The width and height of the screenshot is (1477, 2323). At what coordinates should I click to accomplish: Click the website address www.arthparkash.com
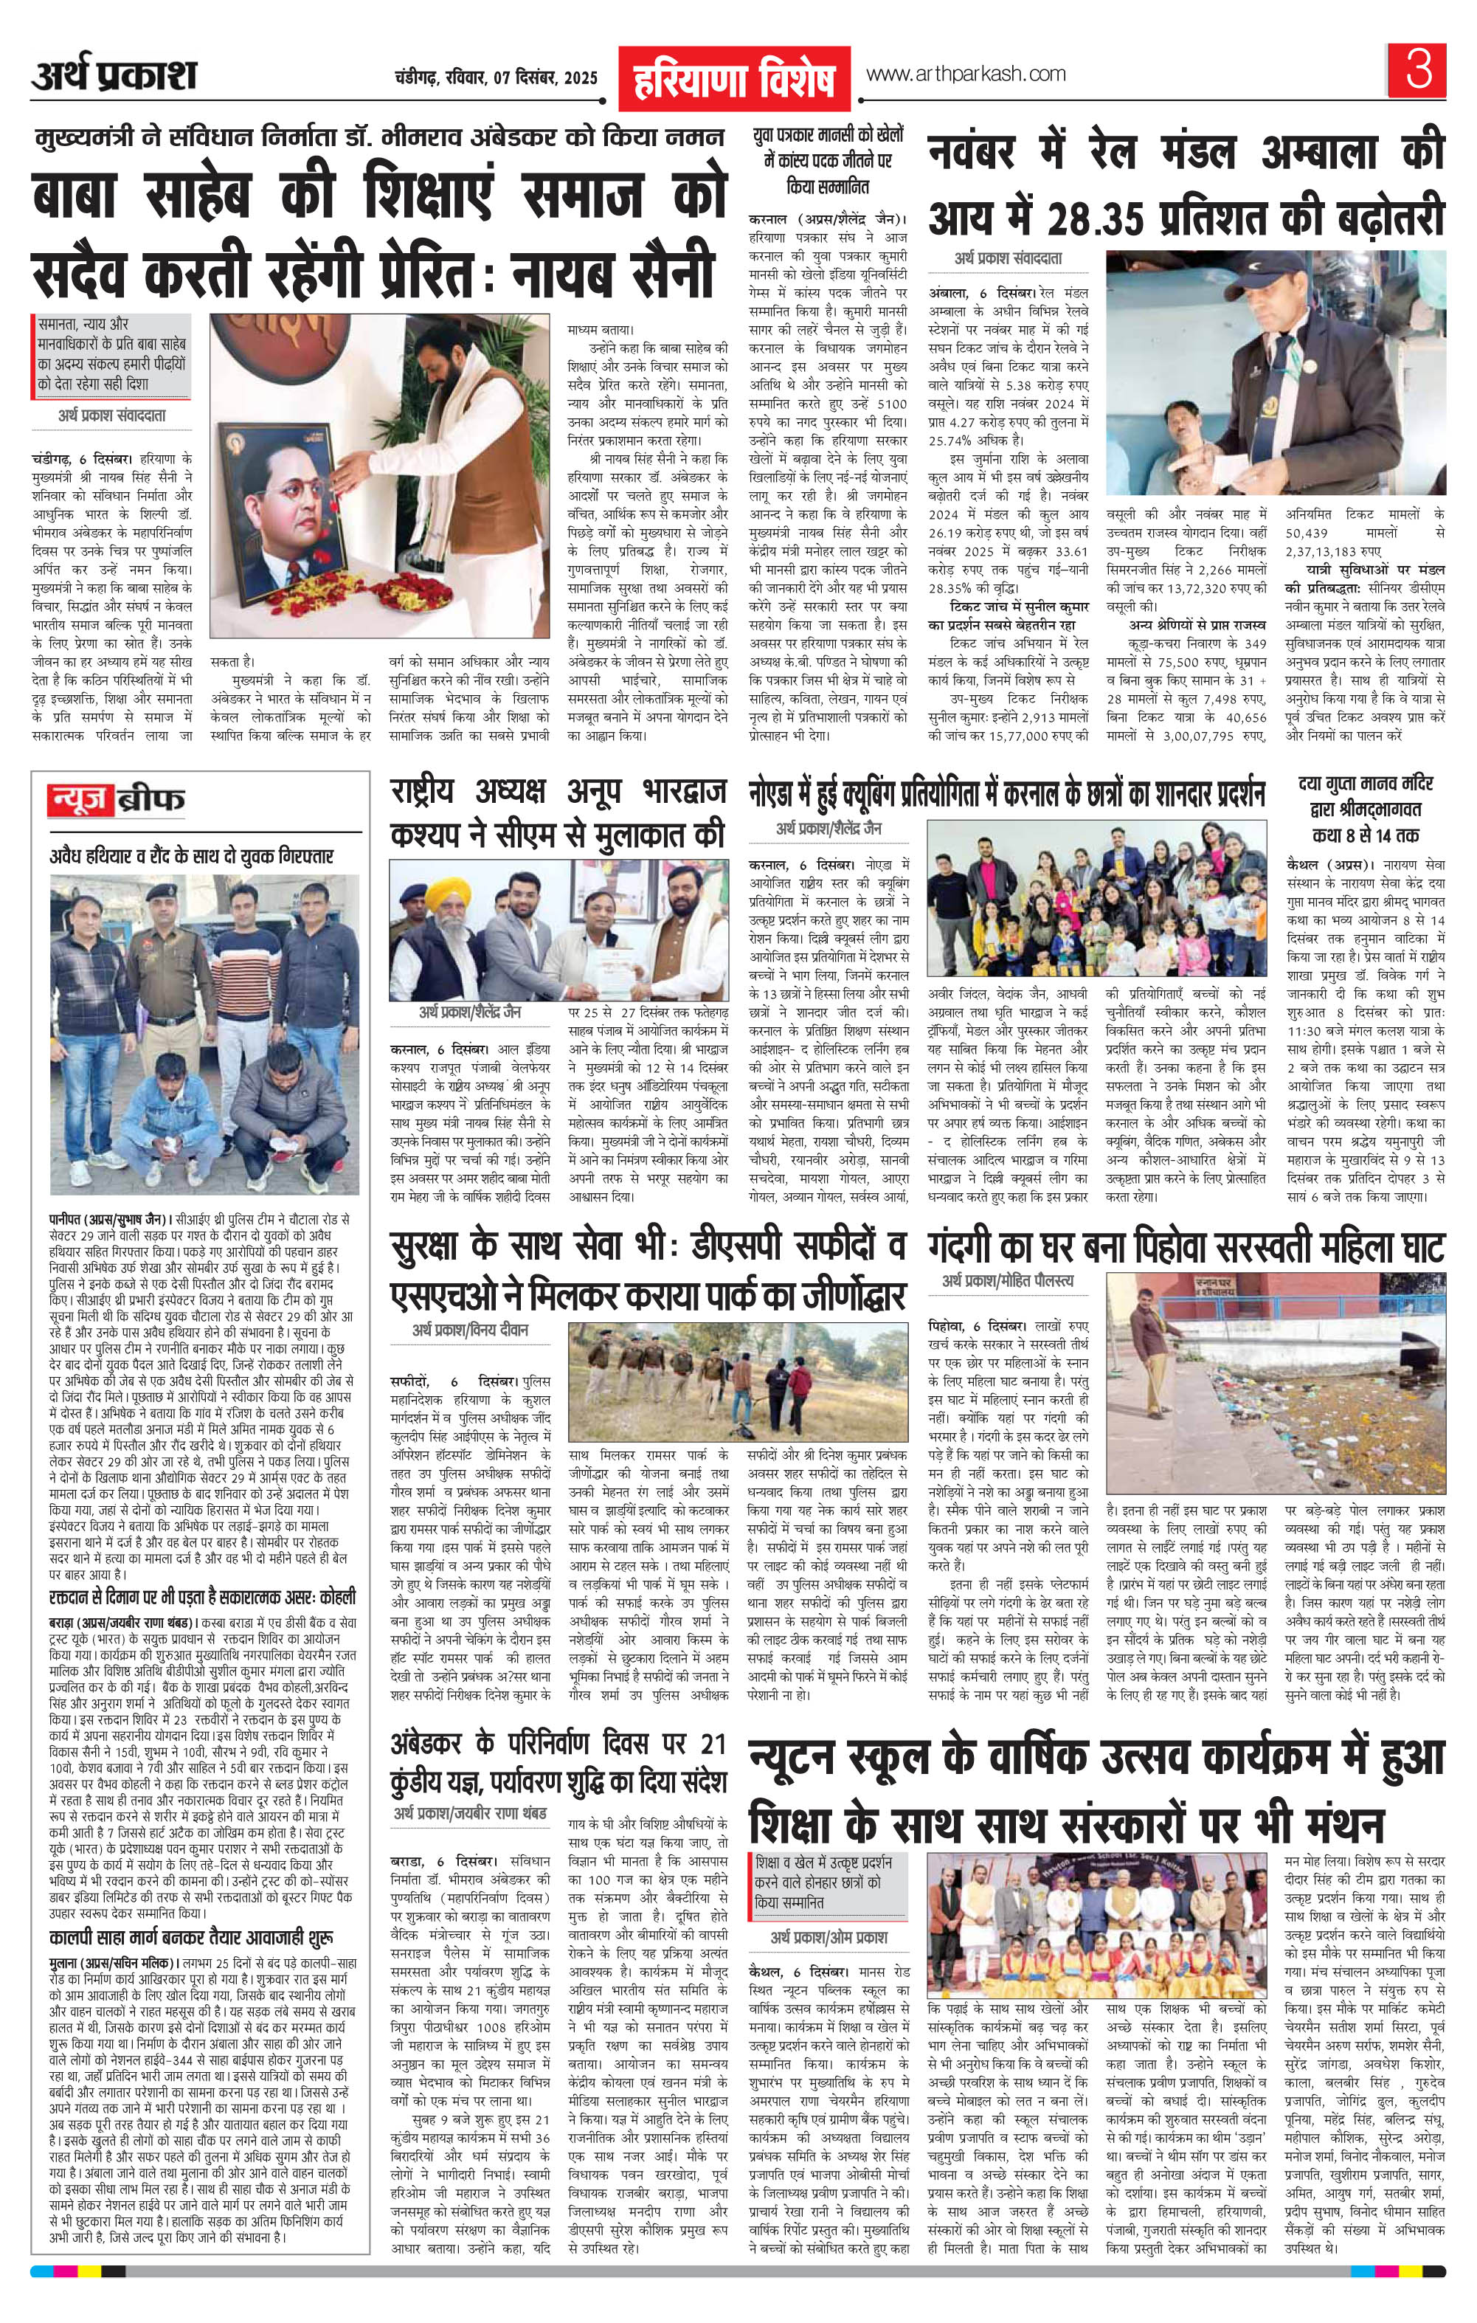pos(965,75)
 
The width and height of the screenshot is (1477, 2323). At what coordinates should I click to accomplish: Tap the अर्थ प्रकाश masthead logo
pos(114,75)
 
